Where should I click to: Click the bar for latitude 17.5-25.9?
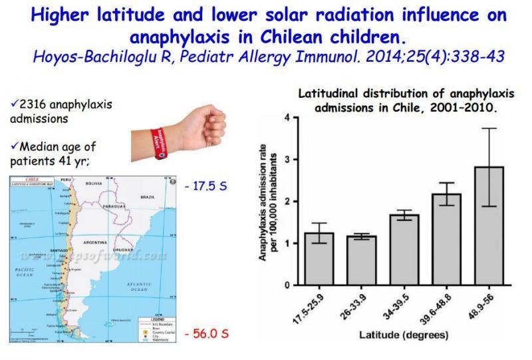(x=319, y=259)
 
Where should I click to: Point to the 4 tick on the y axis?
(x=287, y=118)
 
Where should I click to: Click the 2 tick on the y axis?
(x=287, y=202)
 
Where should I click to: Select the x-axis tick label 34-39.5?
(x=398, y=302)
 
